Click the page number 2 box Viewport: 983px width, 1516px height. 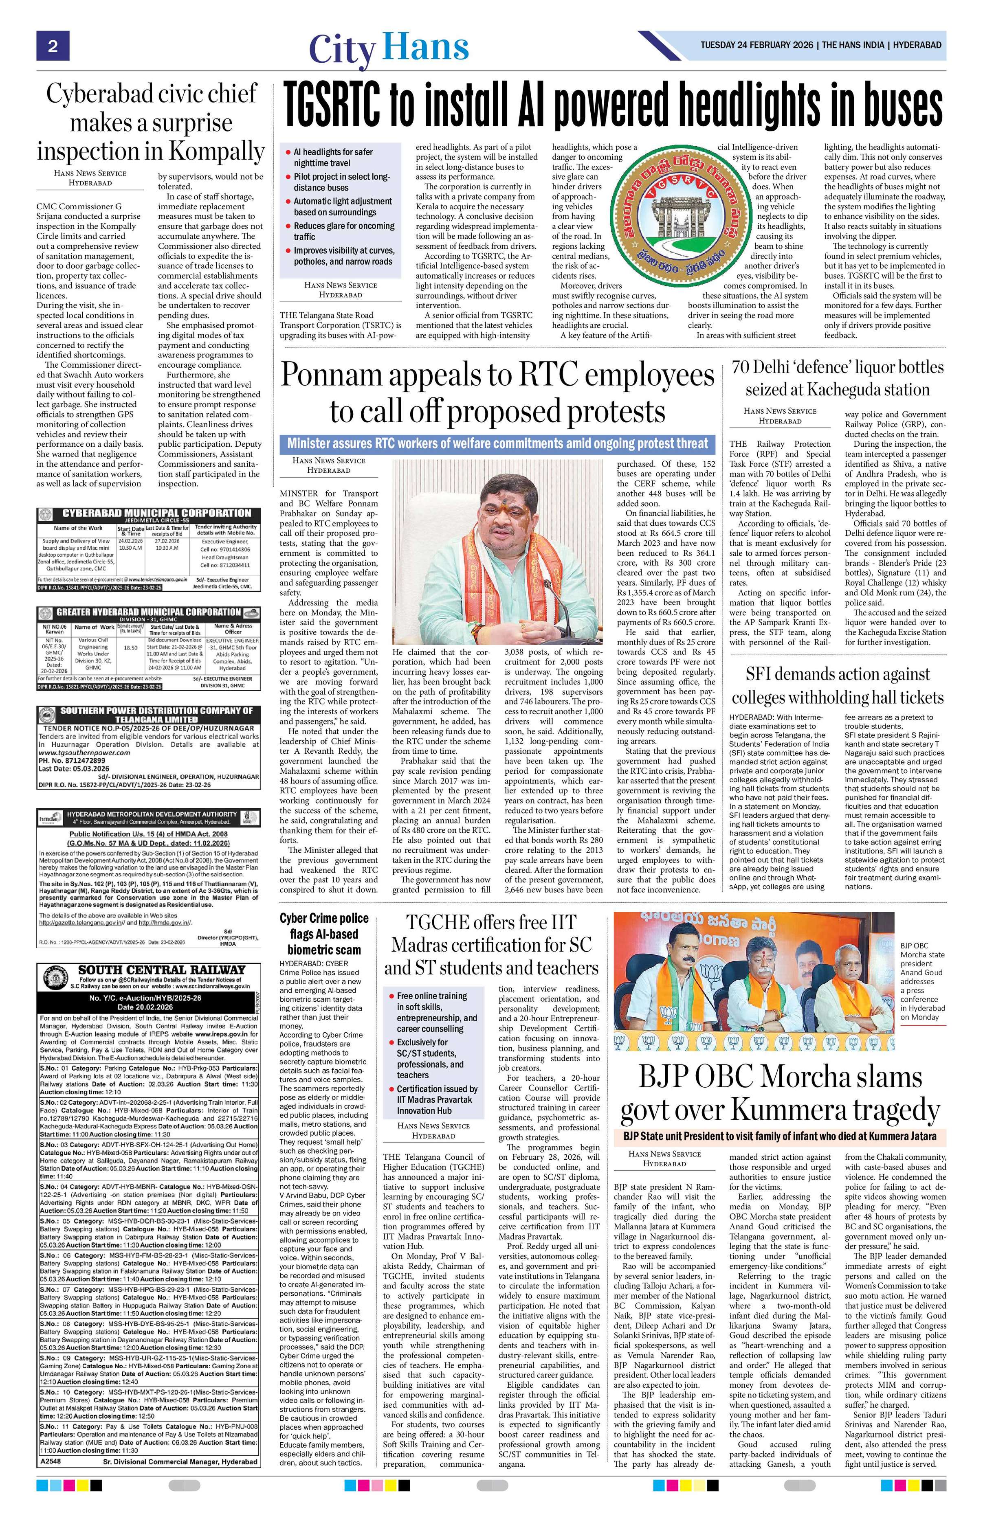52,46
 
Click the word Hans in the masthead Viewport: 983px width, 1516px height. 426,48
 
